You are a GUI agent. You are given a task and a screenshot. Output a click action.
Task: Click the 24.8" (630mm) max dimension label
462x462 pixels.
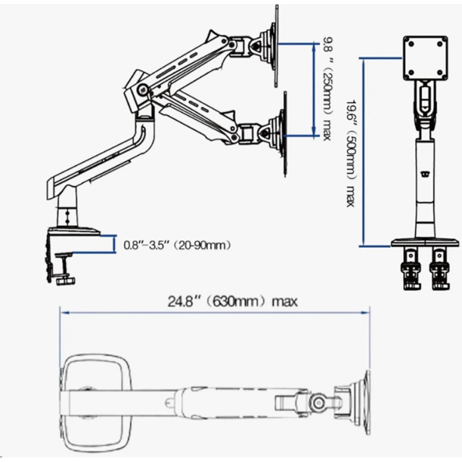(232, 302)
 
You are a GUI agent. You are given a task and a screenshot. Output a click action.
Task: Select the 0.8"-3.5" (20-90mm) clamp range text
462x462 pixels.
(177, 245)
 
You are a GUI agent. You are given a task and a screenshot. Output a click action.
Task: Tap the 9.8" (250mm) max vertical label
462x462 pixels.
(327, 88)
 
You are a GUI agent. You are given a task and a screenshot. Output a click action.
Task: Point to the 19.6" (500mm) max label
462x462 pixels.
(350, 154)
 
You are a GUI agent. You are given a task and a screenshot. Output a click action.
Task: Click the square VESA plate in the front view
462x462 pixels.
(425, 58)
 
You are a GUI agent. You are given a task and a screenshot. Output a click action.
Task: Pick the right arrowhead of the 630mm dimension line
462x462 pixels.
(366, 313)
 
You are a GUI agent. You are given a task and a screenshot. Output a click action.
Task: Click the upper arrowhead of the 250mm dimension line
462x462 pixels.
(314, 47)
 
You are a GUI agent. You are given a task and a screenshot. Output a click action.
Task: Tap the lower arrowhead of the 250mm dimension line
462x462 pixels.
(314, 132)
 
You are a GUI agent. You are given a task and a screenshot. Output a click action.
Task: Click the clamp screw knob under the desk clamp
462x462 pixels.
(65, 280)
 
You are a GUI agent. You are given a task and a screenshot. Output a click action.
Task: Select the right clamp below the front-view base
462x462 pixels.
(440, 269)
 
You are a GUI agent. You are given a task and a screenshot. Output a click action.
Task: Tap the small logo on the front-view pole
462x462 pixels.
(425, 174)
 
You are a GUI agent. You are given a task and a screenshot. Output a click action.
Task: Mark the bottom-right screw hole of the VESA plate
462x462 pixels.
(440, 72)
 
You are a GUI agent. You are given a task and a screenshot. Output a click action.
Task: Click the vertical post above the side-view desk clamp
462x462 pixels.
(67, 210)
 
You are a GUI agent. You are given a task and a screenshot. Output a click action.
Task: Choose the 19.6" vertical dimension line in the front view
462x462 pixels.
(364, 152)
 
